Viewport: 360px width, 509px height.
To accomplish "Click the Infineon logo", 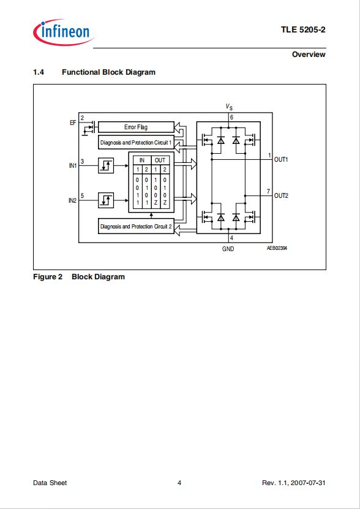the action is coord(64,32).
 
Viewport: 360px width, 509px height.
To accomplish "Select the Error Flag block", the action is coord(136,127).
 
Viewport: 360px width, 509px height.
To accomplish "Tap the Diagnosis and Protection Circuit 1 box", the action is coord(136,142).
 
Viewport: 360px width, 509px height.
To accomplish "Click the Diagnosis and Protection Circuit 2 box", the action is coord(136,226).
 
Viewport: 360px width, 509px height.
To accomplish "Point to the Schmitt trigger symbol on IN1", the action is coord(106,166).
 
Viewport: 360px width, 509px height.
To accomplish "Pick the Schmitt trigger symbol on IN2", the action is coord(106,200).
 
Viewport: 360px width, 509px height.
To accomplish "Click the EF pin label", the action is coord(73,123).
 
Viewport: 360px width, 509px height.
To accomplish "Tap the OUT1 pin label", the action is coord(281,160).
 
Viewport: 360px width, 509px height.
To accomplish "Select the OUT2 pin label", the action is coord(281,196).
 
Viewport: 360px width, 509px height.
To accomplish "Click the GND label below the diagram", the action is coord(228,249).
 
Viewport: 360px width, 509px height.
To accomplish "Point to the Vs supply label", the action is coord(229,107).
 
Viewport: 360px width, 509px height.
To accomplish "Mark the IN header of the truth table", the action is coord(142,160).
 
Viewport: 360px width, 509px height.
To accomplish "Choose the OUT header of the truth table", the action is coord(160,160).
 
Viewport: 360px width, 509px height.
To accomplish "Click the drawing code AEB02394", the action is coord(277,247).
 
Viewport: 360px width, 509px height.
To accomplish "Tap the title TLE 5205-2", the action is coord(303,30).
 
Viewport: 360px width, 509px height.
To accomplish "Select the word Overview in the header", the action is coord(309,55).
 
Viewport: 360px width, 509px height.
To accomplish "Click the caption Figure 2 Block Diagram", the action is coord(79,277).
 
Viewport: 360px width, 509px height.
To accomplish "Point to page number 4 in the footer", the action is coord(179,483).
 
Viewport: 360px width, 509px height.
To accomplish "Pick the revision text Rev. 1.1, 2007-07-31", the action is coord(293,483).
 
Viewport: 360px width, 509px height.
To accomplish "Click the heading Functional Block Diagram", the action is coord(108,72).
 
